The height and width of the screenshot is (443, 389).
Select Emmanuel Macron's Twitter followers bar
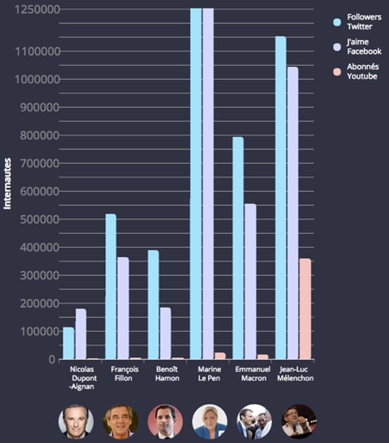tap(238, 248)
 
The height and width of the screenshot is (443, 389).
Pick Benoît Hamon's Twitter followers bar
tap(153, 305)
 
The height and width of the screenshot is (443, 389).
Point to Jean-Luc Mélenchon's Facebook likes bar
tap(293, 213)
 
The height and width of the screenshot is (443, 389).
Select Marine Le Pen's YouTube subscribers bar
tap(220, 356)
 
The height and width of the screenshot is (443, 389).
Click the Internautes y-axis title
tap(8, 183)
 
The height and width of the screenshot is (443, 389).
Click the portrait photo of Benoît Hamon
tap(165, 421)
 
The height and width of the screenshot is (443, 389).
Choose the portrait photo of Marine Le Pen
tap(209, 421)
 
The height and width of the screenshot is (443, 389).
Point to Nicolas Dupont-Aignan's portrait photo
tap(76, 421)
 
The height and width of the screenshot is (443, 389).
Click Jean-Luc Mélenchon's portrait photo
tap(298, 421)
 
